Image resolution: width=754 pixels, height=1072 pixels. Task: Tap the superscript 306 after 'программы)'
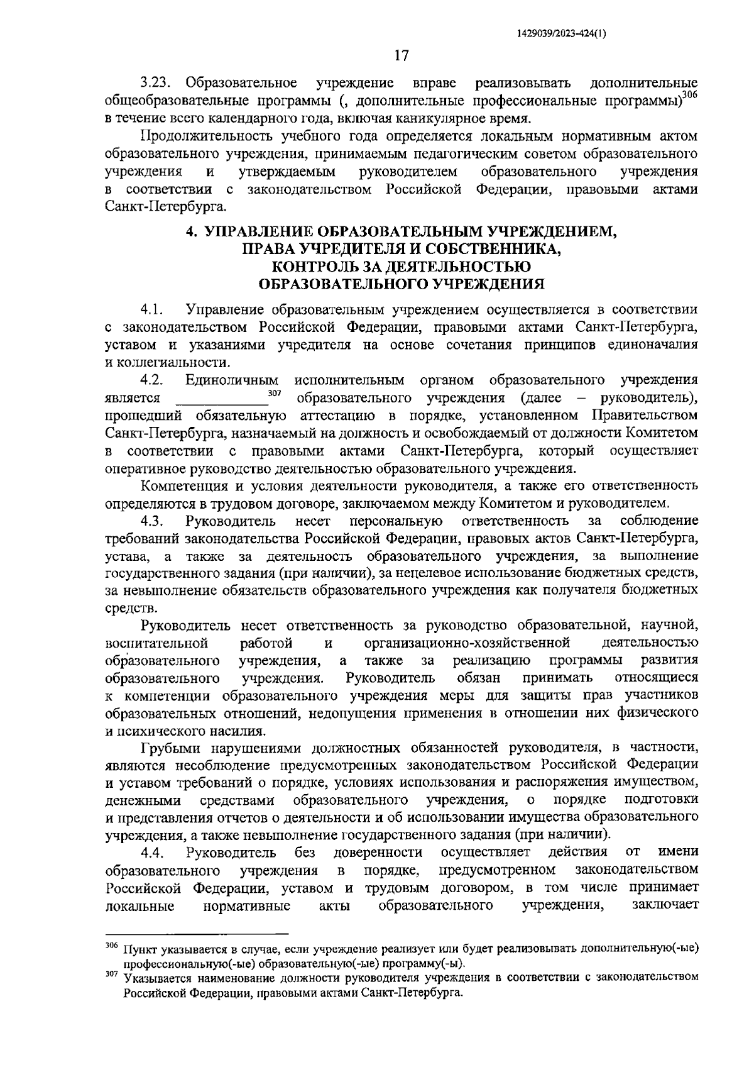pyautogui.click(x=690, y=94)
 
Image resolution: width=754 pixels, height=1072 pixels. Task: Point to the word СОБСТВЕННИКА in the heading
pyautogui.click(x=494, y=249)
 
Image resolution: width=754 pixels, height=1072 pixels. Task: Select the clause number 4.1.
pyautogui.click(x=153, y=310)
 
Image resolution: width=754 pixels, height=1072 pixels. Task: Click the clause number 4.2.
pyautogui.click(x=153, y=380)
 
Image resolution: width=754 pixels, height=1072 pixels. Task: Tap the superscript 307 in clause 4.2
pyautogui.click(x=274, y=394)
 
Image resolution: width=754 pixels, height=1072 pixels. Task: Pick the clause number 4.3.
pyautogui.click(x=153, y=521)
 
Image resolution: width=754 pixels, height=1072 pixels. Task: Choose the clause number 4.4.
pyautogui.click(x=153, y=852)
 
